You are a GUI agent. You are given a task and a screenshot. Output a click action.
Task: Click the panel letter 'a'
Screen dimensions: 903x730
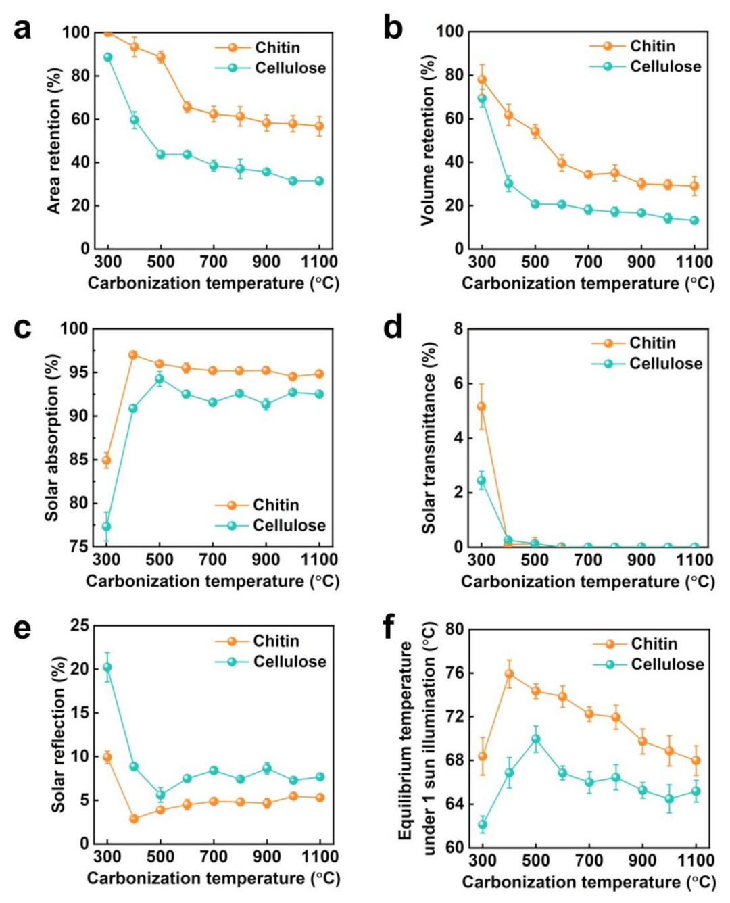[22, 30]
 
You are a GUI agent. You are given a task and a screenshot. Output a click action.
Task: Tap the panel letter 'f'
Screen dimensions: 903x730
[388, 627]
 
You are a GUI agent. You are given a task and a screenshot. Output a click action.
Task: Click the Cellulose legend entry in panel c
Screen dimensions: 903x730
[270, 525]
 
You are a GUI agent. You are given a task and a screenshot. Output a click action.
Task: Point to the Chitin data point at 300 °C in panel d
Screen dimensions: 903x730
[481, 406]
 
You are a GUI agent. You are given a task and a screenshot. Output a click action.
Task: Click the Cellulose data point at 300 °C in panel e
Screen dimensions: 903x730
[107, 667]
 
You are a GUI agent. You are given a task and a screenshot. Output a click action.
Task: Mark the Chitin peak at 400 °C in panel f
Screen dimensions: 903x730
[509, 674]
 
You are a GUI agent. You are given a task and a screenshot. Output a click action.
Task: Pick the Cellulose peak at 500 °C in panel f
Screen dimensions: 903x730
[536, 739]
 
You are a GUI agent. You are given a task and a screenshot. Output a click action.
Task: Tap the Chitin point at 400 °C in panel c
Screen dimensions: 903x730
[133, 355]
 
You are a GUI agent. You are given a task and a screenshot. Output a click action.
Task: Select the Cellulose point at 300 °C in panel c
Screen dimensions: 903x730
[106, 527]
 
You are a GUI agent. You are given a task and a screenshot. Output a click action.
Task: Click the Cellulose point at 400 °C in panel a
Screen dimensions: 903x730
[135, 120]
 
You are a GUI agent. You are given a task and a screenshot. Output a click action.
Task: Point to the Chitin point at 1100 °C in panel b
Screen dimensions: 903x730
[694, 186]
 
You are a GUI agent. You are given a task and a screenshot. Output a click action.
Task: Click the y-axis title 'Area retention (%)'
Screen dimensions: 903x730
[54, 141]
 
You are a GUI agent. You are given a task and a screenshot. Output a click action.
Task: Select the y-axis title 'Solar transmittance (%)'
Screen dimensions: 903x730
[429, 437]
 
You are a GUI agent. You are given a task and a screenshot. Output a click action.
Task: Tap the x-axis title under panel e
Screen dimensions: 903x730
[213, 878]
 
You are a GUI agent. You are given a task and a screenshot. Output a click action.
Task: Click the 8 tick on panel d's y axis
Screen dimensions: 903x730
[458, 329]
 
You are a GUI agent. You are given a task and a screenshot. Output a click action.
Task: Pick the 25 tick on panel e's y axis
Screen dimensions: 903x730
[80, 625]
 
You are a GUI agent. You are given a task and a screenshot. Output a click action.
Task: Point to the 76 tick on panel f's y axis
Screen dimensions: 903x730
[455, 673]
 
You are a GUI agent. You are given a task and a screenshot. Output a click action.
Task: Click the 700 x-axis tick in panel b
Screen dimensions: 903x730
[588, 262]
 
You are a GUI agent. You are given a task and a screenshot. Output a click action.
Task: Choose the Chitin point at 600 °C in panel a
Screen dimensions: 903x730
[187, 107]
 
